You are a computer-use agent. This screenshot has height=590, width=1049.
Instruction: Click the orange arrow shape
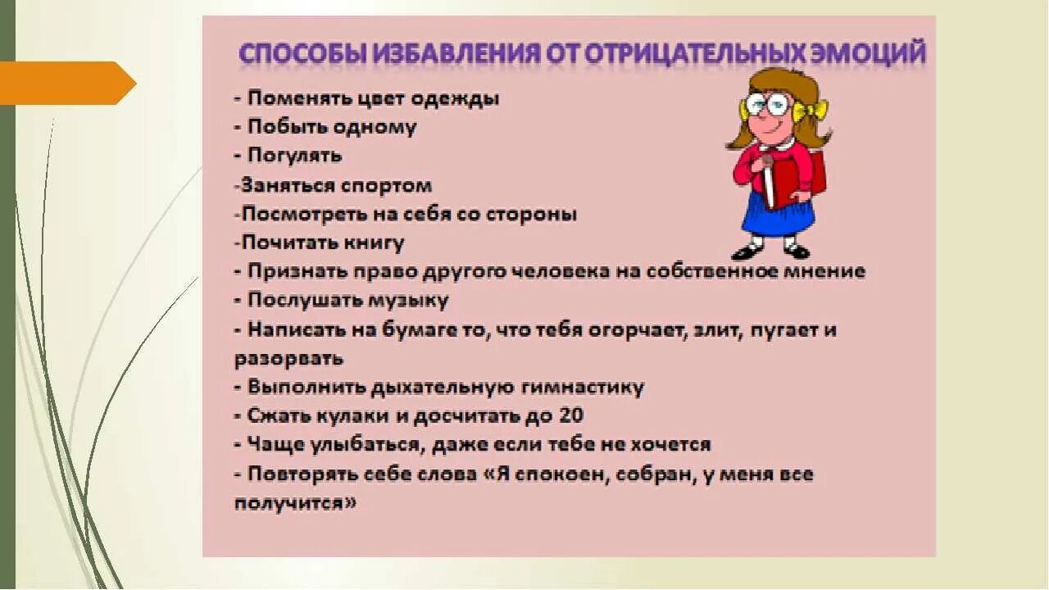[x=66, y=83]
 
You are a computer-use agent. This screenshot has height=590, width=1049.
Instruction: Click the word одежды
[x=459, y=98]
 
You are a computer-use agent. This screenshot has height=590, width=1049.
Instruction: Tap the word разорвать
[x=288, y=359]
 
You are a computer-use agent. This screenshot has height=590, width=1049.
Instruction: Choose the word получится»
[x=296, y=503]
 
